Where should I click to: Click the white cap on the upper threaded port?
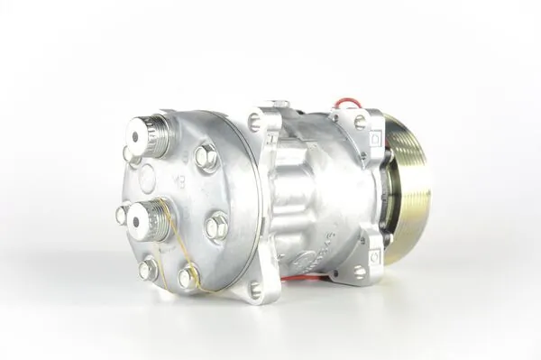136,137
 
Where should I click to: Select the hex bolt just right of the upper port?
206,158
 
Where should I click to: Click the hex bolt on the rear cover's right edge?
216,226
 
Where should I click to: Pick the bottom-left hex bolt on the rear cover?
147,269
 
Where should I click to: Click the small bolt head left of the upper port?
129,155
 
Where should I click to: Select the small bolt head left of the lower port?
122,215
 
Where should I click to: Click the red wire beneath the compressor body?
298,277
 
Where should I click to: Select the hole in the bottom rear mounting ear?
256,289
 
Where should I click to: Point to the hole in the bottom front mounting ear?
360,270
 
